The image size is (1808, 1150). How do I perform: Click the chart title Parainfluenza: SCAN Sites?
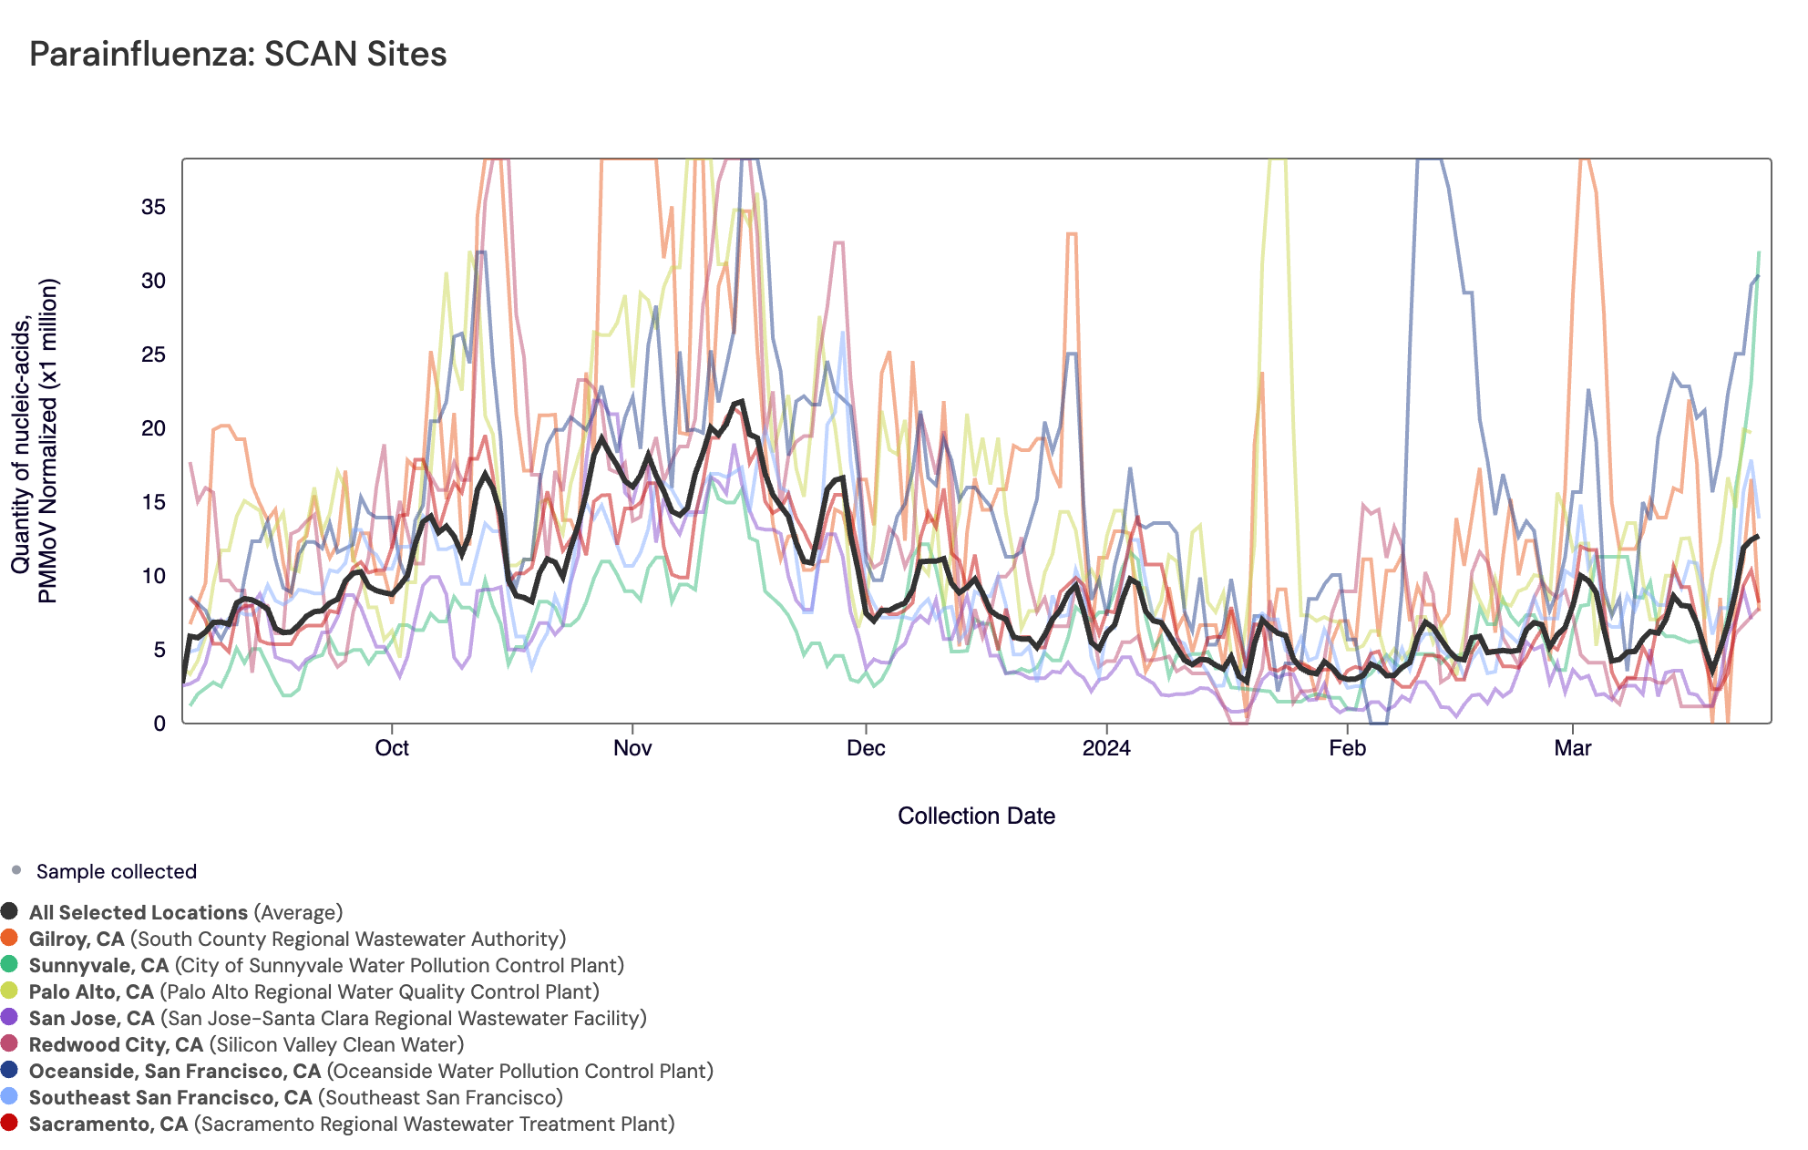(x=238, y=55)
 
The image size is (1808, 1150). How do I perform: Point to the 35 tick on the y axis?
(x=153, y=207)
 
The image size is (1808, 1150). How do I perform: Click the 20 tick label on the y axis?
(x=153, y=428)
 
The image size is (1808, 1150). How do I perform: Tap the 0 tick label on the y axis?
(x=159, y=724)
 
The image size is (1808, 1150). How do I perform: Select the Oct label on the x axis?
(x=392, y=748)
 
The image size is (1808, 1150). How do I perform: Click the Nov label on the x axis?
(x=632, y=748)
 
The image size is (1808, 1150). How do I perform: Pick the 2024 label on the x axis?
(x=1106, y=748)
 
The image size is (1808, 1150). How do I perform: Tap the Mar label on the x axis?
(x=1573, y=748)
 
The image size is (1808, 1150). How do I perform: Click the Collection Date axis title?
(x=976, y=816)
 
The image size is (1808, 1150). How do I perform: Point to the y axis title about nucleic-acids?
(x=35, y=441)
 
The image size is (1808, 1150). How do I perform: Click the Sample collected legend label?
(x=117, y=871)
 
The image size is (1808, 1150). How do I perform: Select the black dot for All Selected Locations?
(x=10, y=911)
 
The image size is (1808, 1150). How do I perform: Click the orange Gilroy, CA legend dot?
(x=10, y=938)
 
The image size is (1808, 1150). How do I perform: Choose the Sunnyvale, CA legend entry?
(x=325, y=965)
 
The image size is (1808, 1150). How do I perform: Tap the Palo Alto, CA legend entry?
(x=313, y=991)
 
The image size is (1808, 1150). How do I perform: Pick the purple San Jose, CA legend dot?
(x=10, y=1017)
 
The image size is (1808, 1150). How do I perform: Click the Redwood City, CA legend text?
(x=246, y=1044)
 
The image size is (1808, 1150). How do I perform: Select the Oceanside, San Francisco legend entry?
(x=370, y=1071)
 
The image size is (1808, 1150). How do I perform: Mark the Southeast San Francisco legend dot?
(x=10, y=1096)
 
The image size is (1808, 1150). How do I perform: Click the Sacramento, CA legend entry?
(x=351, y=1124)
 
